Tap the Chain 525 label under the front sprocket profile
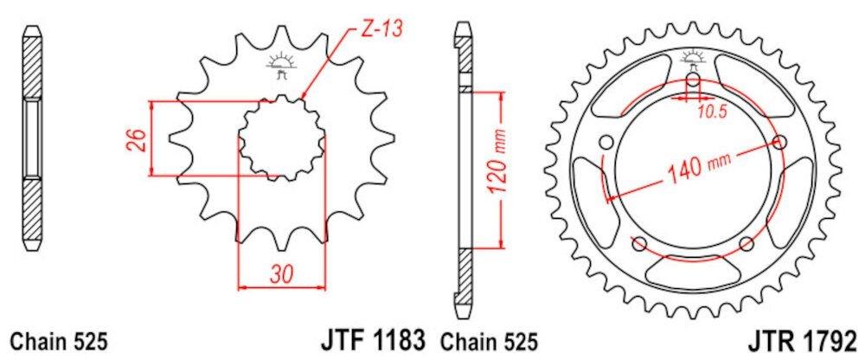coord(57,340)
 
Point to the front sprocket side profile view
coord(31,138)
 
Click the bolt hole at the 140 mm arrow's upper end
coord(782,142)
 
